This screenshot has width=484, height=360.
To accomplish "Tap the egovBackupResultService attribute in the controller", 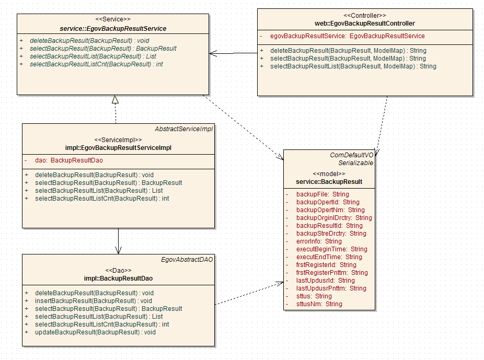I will coord(347,36).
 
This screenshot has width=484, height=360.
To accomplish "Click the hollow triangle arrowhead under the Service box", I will coord(116,99).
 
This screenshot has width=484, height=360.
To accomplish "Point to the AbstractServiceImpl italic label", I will coord(184,129).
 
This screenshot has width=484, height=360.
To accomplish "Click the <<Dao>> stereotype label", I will coord(118,270).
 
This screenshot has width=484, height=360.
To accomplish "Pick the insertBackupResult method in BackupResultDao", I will coord(93,301).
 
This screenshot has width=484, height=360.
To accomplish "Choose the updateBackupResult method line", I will coord(95,332).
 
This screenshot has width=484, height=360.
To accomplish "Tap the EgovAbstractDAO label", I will coord(187,259).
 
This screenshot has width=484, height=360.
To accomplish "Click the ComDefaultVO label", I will coord(352,155).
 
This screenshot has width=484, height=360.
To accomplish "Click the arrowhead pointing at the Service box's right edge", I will coord(212,53).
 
